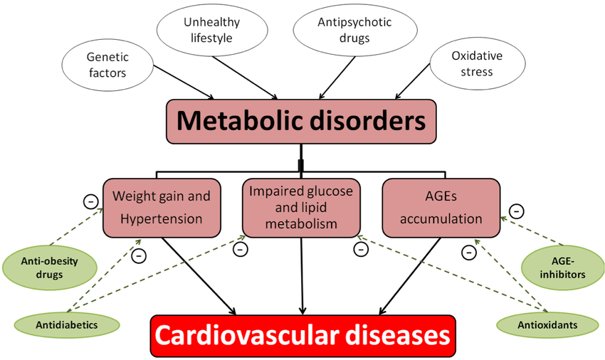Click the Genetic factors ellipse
(x=107, y=65)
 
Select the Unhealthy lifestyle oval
(x=212, y=30)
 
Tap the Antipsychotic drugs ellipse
(x=354, y=30)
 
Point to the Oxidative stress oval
(x=478, y=63)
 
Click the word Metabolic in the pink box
(x=240, y=121)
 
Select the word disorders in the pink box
(x=368, y=121)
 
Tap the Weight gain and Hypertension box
(x=162, y=208)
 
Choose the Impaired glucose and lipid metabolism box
(x=301, y=208)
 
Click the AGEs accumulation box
(x=441, y=208)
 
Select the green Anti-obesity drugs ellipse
(x=50, y=268)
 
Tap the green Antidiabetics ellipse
(x=67, y=325)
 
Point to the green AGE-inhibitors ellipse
(x=562, y=268)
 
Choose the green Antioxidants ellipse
(x=547, y=325)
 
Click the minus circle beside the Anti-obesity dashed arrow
(x=91, y=201)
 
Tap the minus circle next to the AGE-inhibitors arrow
(x=517, y=211)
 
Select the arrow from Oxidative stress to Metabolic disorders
(x=412, y=81)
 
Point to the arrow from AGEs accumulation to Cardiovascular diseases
(x=410, y=276)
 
